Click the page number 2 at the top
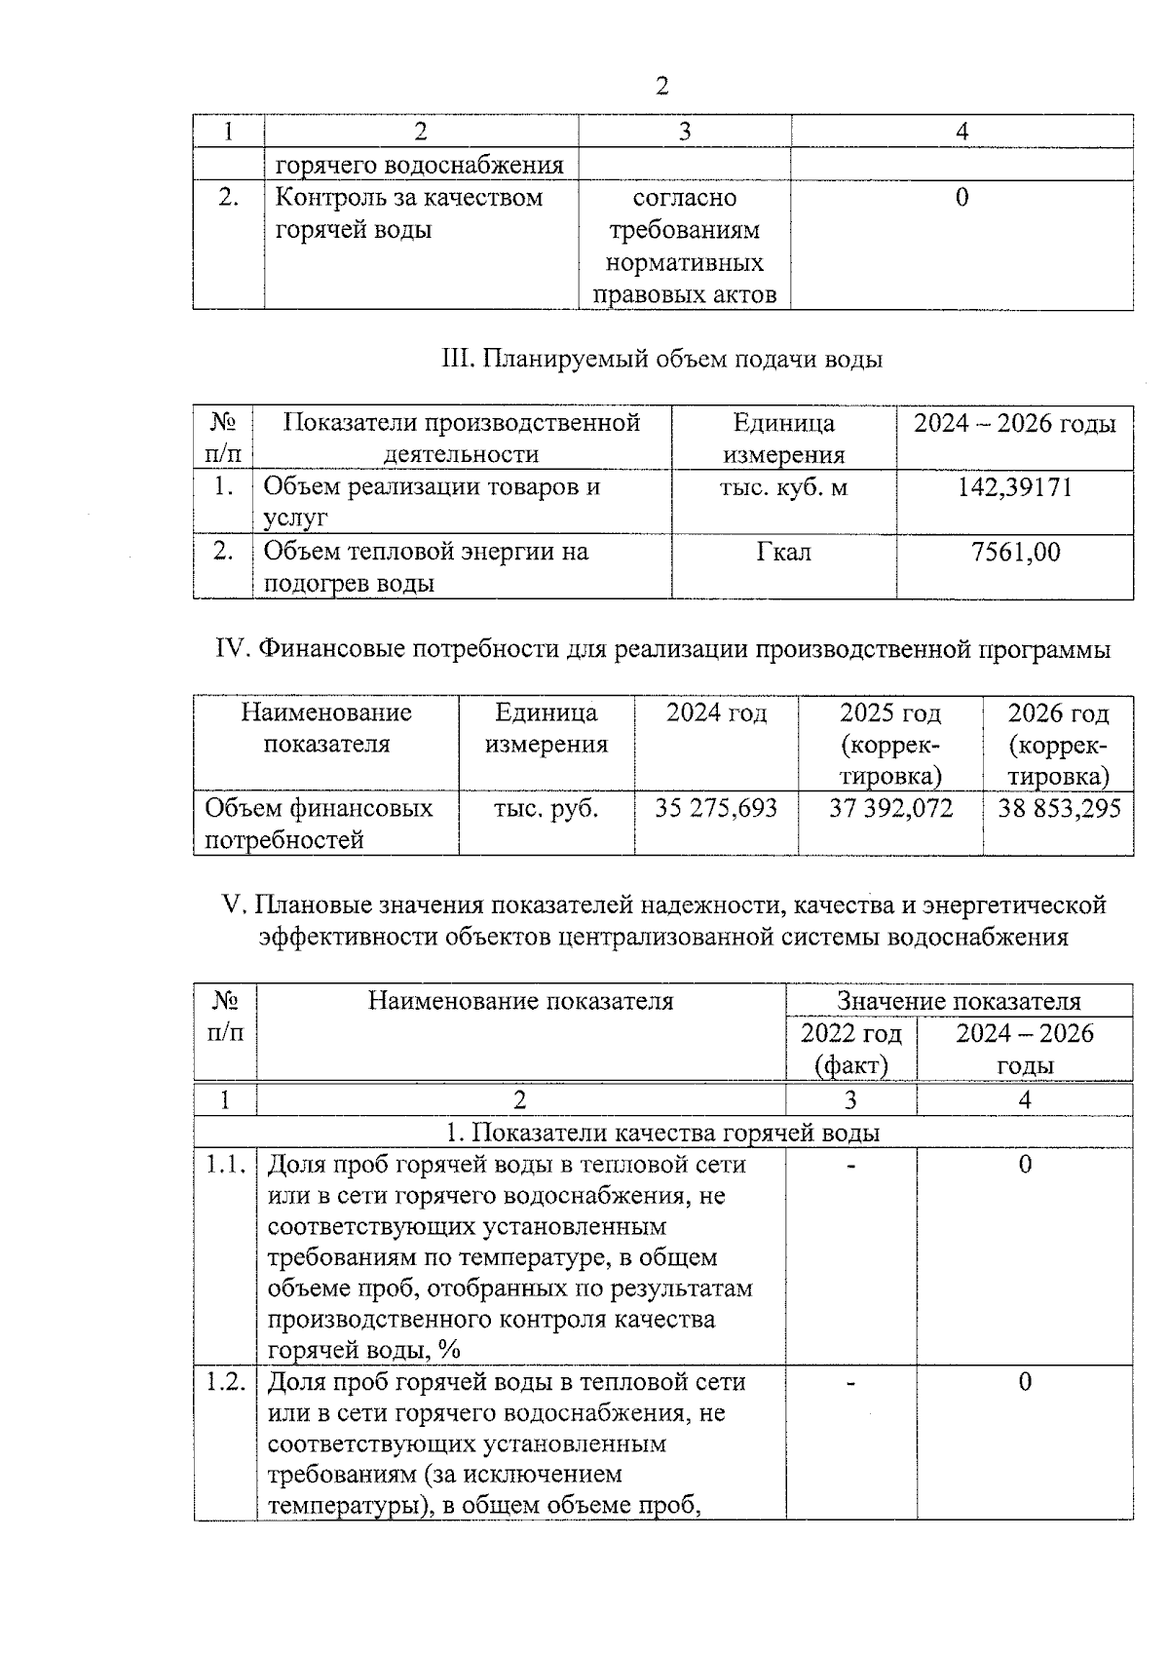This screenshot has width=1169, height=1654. pos(662,87)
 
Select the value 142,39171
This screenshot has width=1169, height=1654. pos(1014,487)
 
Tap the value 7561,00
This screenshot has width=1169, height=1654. pos(1015,553)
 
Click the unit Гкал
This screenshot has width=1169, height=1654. pos(783,553)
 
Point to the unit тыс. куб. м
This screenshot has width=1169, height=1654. pos(783,487)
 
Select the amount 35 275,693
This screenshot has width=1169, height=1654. pos(716,808)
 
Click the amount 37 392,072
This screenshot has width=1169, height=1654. pos(890,808)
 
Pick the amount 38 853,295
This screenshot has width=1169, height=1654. pos(1059,808)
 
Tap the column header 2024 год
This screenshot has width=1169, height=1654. pos(716,713)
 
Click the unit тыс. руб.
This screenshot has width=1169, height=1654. pos(546,808)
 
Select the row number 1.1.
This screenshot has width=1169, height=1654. pos(225,1165)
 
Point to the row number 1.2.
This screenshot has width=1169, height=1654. pos(225,1382)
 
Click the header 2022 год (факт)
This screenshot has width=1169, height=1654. pos(850,1049)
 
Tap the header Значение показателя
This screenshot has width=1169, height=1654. pos(959,1001)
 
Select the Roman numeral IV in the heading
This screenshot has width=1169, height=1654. pos(233,650)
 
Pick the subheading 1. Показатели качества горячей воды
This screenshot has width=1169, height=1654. pos(662,1133)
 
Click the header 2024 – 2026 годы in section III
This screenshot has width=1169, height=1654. pos(1014,424)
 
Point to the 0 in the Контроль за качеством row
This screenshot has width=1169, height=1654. pos(962,198)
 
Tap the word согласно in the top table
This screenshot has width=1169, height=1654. pos(685,198)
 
